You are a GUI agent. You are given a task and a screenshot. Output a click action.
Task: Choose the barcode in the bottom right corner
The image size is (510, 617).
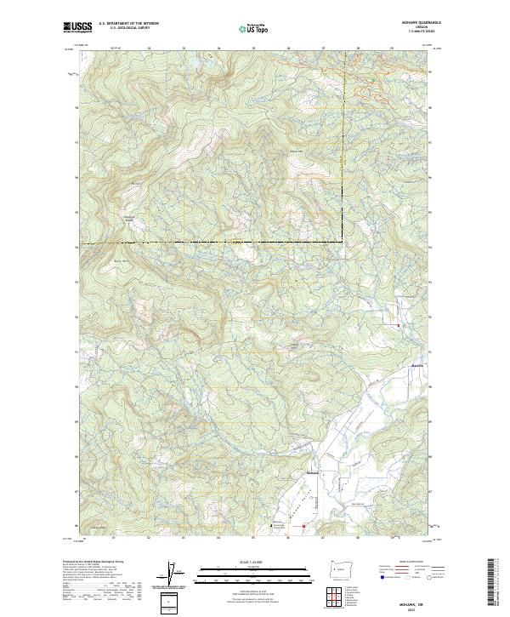pyautogui.click(x=497, y=586)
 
